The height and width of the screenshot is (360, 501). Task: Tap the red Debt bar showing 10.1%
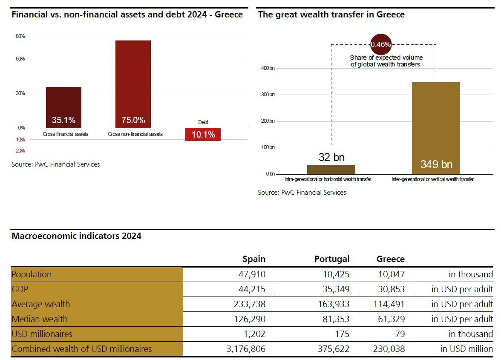tap(203, 135)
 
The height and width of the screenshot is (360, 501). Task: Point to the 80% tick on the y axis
tap(20, 36)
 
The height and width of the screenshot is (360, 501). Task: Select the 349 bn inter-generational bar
tap(436, 128)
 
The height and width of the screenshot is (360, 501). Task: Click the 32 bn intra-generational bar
tap(331, 169)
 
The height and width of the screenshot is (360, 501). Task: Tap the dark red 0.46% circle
tap(380, 44)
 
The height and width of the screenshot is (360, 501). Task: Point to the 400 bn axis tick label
tap(268, 68)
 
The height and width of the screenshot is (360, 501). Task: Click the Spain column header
tap(254, 259)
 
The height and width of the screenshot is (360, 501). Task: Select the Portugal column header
tap(332, 259)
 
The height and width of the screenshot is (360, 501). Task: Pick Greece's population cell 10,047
tap(391, 274)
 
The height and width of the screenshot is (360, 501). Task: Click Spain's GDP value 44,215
tap(252, 289)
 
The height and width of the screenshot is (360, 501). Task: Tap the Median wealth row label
tap(40, 319)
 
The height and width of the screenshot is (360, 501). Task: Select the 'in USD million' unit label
tap(466, 349)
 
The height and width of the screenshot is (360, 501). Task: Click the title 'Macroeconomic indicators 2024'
tap(76, 236)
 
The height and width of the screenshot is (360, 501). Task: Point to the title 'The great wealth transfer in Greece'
tap(331, 14)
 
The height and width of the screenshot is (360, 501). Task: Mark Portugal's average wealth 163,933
tap(332, 304)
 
